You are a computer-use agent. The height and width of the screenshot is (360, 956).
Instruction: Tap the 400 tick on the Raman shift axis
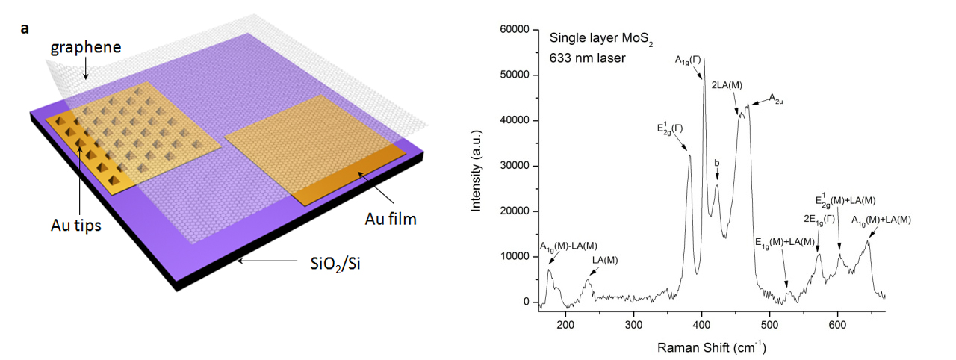pyautogui.click(x=702, y=314)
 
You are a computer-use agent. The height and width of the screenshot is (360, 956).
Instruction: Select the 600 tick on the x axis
pyautogui.click(x=838, y=314)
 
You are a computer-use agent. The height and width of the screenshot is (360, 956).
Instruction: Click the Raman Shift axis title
pyautogui.click(x=712, y=347)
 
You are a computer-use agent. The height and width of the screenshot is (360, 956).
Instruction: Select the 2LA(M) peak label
pyautogui.click(x=725, y=86)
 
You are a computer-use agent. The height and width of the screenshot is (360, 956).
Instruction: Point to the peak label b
pyautogui.click(x=717, y=163)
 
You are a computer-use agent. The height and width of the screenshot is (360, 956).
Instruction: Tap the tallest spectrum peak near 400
pyautogui.click(x=704, y=60)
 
